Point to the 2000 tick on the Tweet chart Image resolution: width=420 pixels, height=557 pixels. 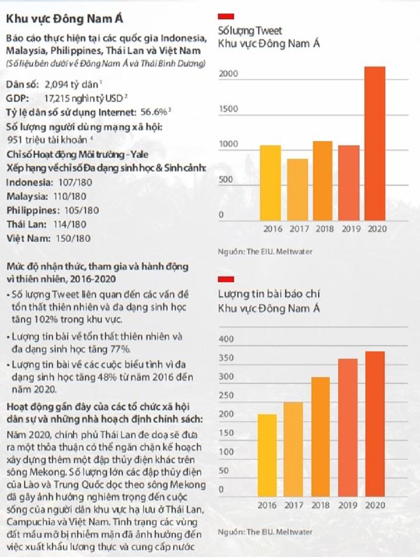pyautogui.click(x=228, y=74)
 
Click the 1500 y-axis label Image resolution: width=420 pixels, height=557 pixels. pyautogui.click(x=228, y=109)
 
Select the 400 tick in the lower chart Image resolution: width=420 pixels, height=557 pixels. pyautogui.click(x=225, y=339)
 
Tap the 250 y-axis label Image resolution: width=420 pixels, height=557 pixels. pyautogui.click(x=225, y=395)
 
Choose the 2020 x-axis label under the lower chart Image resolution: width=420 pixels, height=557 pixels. pyautogui.click(x=375, y=506)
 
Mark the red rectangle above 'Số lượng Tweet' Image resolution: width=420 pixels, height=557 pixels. pyautogui.click(x=226, y=16)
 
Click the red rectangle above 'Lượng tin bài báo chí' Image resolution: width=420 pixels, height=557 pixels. pyautogui.click(x=226, y=279)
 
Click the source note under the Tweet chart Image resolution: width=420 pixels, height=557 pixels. pyautogui.click(x=265, y=252)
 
